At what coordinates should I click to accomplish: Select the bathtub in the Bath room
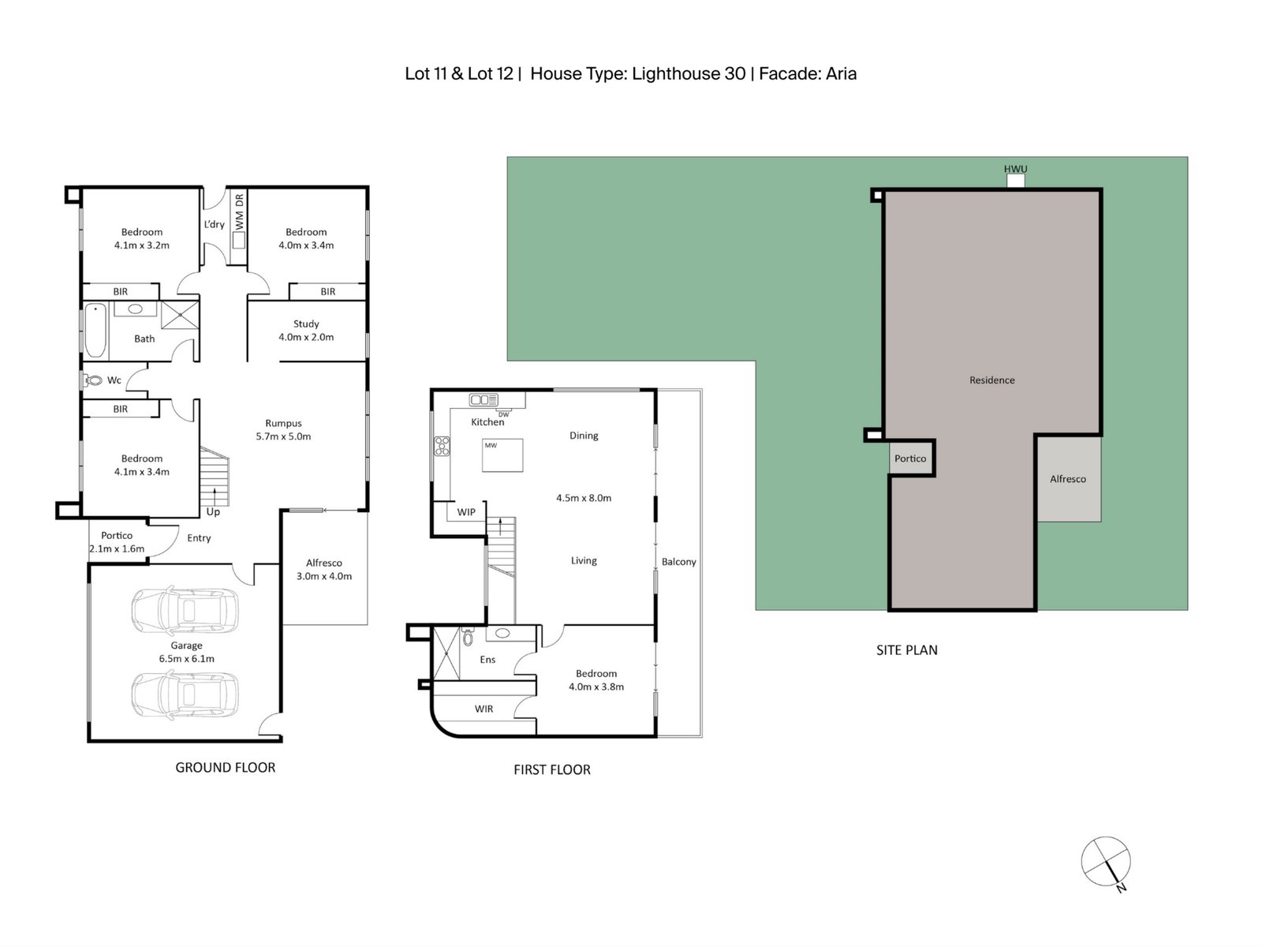pyautogui.click(x=95, y=330)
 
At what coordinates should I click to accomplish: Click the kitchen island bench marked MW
pyautogui.click(x=502, y=455)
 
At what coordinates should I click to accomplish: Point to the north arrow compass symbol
pyautogui.click(x=1106, y=861)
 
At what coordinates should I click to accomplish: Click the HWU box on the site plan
pyautogui.click(x=1016, y=180)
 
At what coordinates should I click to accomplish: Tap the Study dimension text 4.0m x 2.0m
pyautogui.click(x=306, y=337)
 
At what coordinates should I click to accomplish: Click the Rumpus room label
pyautogui.click(x=283, y=423)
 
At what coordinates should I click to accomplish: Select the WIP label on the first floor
pyautogui.click(x=466, y=512)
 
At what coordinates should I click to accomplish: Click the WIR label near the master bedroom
pyautogui.click(x=484, y=709)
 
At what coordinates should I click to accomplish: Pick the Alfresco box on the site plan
pyautogui.click(x=1068, y=479)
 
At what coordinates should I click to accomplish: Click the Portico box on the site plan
pyautogui.click(x=910, y=459)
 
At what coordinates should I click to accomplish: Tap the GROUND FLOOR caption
pyautogui.click(x=225, y=767)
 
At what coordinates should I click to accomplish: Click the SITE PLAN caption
pyautogui.click(x=906, y=650)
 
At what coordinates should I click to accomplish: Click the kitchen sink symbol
pyautogui.click(x=483, y=399)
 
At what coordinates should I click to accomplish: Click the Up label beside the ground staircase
pyautogui.click(x=213, y=511)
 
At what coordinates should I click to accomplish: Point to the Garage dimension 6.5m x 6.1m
pyautogui.click(x=187, y=659)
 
